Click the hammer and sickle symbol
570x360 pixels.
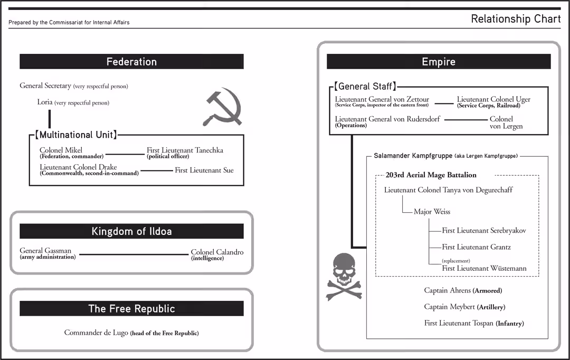222,108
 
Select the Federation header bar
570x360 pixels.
131,62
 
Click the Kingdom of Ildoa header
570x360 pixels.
131,231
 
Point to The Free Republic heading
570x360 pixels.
131,309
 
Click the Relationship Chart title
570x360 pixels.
516,19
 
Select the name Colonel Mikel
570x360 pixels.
61,150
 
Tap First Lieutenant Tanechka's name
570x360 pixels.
185,150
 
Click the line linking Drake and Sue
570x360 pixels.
157,170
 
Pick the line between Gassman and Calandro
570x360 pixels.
134,254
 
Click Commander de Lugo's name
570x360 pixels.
96,333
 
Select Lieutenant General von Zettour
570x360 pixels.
382,99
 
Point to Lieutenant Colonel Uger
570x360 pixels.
493,99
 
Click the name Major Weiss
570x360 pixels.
432,212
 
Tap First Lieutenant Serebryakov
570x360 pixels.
484,231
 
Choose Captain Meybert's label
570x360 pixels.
450,307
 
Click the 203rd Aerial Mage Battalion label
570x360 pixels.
431,175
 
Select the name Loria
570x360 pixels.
45,102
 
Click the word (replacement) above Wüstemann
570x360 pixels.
456,261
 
